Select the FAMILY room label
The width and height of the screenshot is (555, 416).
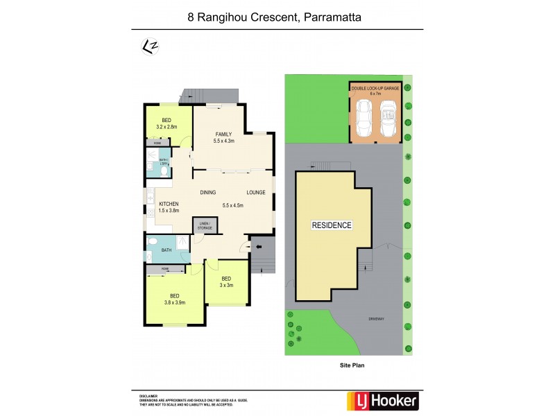point(223,134)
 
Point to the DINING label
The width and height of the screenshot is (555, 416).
point(208,192)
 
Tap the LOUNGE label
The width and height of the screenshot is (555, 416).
point(255,192)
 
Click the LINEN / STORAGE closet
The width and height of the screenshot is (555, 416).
point(205,225)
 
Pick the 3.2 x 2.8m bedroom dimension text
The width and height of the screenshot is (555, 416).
point(166,128)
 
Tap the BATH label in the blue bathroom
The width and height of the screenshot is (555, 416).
point(166,250)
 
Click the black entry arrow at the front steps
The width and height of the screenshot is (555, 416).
point(259,246)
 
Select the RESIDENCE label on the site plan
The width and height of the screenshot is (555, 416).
point(331,225)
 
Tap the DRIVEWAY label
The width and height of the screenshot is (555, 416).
point(377,320)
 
